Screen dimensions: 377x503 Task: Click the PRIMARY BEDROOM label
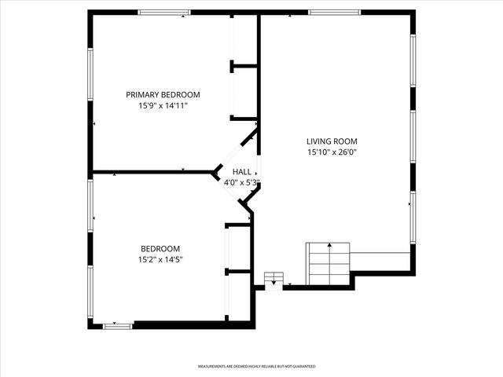point(163,94)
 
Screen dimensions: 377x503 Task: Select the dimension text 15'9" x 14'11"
point(163,104)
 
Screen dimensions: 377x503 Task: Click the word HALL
point(241,172)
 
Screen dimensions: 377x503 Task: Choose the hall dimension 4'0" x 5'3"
point(241,182)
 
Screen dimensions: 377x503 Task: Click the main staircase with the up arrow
point(328,263)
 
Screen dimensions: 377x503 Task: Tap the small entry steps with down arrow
point(274,279)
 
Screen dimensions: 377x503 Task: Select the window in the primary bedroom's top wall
point(164,13)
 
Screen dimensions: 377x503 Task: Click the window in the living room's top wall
point(334,13)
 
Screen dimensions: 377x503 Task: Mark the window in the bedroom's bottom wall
point(118,325)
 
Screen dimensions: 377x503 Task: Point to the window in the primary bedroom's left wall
point(90,75)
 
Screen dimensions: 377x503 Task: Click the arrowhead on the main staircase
point(328,247)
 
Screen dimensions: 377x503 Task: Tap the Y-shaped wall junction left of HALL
point(218,171)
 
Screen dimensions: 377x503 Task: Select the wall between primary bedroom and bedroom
point(153,171)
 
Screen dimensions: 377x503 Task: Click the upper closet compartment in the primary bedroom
point(244,39)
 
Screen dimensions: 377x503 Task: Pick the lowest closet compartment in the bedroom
point(238,295)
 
